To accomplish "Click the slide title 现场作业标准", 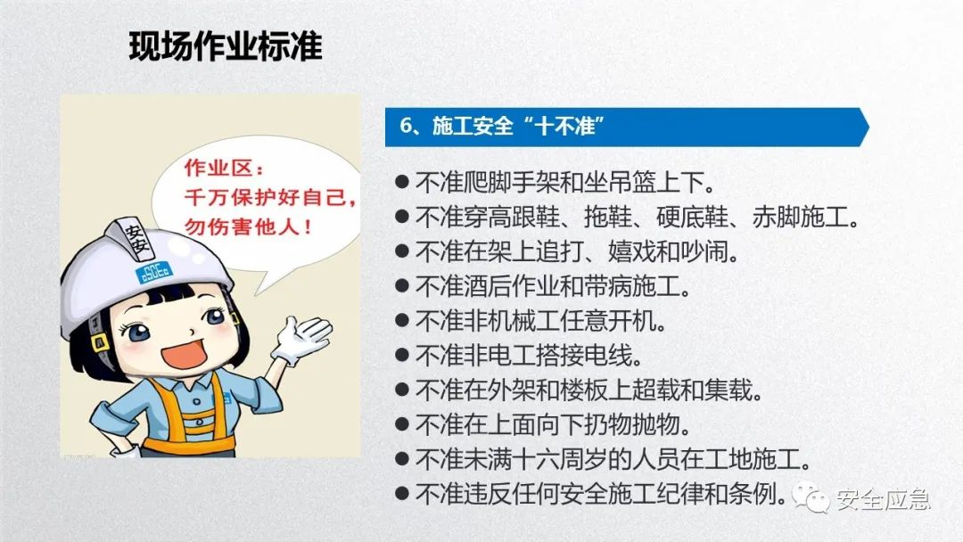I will coord(226,46).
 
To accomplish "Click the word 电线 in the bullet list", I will coord(621,357).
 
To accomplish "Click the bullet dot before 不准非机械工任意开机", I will coord(402,321).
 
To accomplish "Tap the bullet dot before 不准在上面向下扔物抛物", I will coord(402,425).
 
